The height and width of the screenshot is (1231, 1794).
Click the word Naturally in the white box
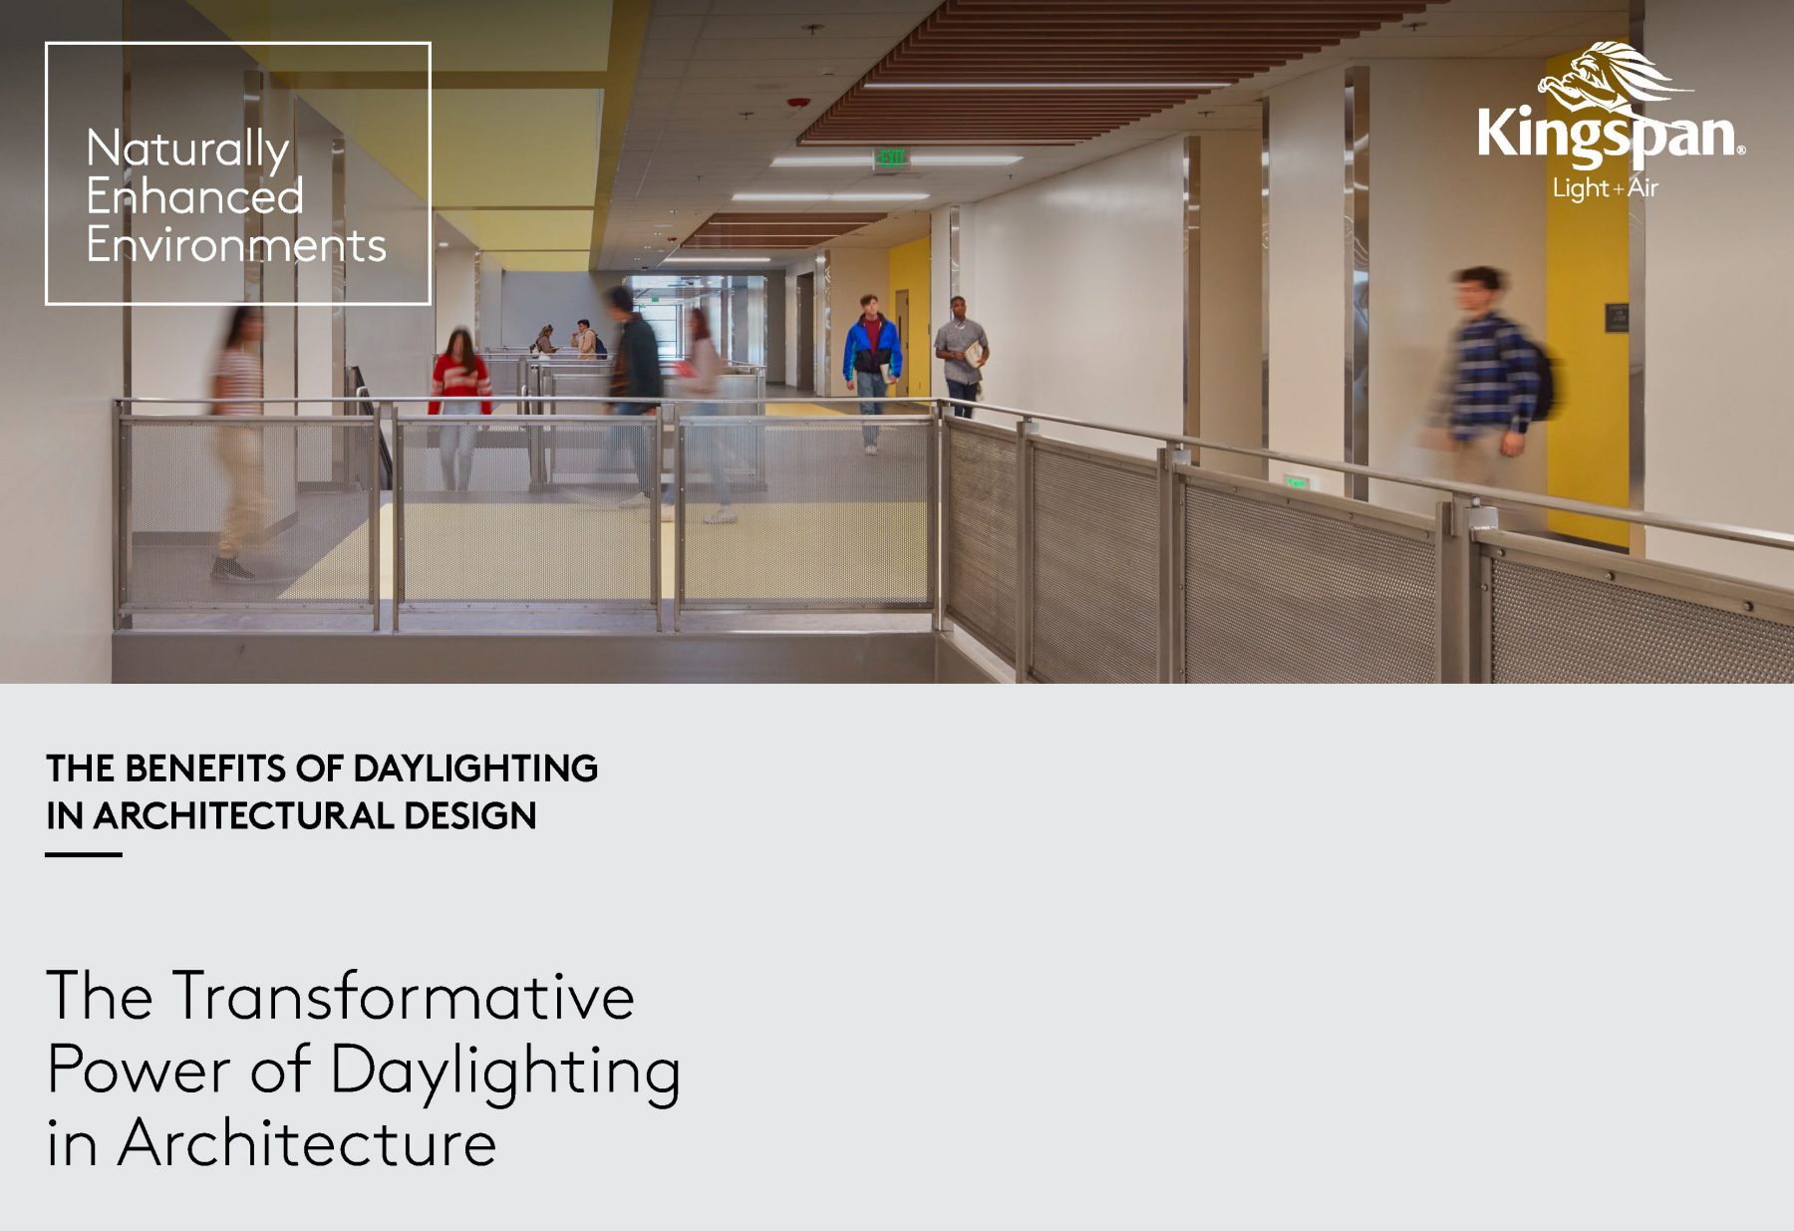point(187,151)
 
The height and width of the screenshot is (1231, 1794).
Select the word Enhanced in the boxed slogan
point(194,196)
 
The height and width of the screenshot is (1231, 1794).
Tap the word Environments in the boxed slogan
point(236,245)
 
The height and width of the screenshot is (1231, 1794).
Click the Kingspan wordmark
point(1609,133)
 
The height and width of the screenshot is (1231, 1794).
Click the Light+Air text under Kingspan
point(1605,187)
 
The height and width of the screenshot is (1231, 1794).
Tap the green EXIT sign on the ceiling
point(890,157)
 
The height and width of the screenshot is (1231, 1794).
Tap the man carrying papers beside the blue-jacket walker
point(961,354)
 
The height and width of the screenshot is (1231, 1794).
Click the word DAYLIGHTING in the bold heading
point(474,769)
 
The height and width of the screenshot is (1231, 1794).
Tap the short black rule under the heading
point(84,854)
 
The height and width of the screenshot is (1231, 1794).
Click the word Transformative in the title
point(403,996)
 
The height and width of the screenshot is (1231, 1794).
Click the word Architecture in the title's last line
point(307,1143)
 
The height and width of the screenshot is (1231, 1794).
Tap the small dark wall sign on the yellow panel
point(1616,318)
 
